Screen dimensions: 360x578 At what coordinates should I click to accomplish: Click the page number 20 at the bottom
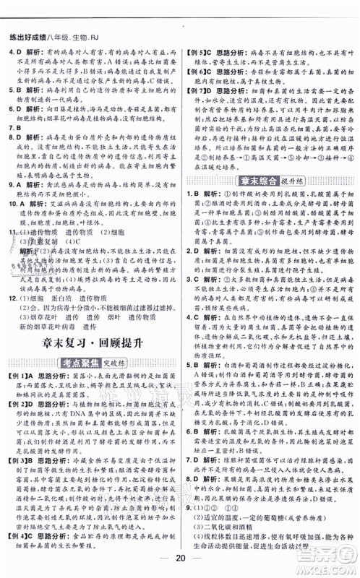pos(179,560)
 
